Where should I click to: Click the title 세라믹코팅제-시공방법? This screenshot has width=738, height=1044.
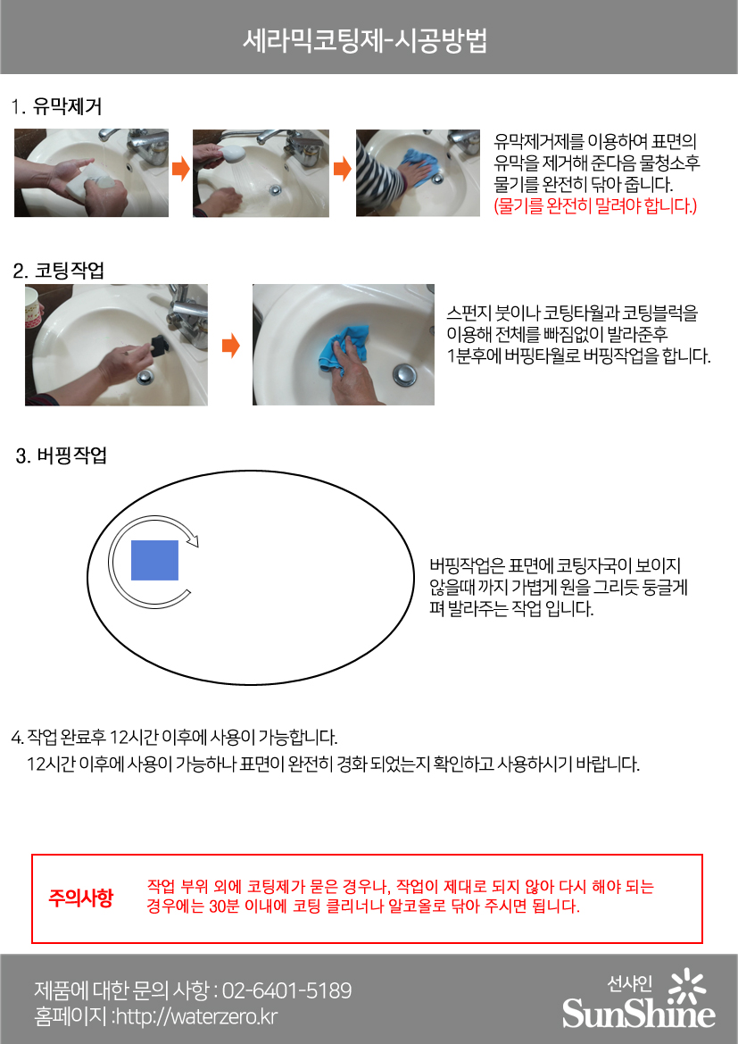point(365,40)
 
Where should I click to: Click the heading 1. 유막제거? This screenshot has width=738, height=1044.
point(56,106)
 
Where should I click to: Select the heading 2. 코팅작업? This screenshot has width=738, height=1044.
point(59,271)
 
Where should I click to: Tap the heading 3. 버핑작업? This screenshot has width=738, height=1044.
point(62,455)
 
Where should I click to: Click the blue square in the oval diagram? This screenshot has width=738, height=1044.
point(154,560)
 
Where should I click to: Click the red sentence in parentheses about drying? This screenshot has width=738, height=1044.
point(595,205)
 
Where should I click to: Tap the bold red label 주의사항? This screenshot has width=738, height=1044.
point(80,898)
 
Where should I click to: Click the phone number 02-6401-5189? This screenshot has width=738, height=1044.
point(286,990)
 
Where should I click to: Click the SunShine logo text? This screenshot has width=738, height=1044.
point(638,1014)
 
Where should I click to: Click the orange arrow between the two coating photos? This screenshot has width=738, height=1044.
point(230,346)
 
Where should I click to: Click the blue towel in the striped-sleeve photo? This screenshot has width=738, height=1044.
point(420,166)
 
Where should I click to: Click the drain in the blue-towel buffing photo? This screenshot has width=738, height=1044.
point(403,374)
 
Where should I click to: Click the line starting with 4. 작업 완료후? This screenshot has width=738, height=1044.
point(174,737)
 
